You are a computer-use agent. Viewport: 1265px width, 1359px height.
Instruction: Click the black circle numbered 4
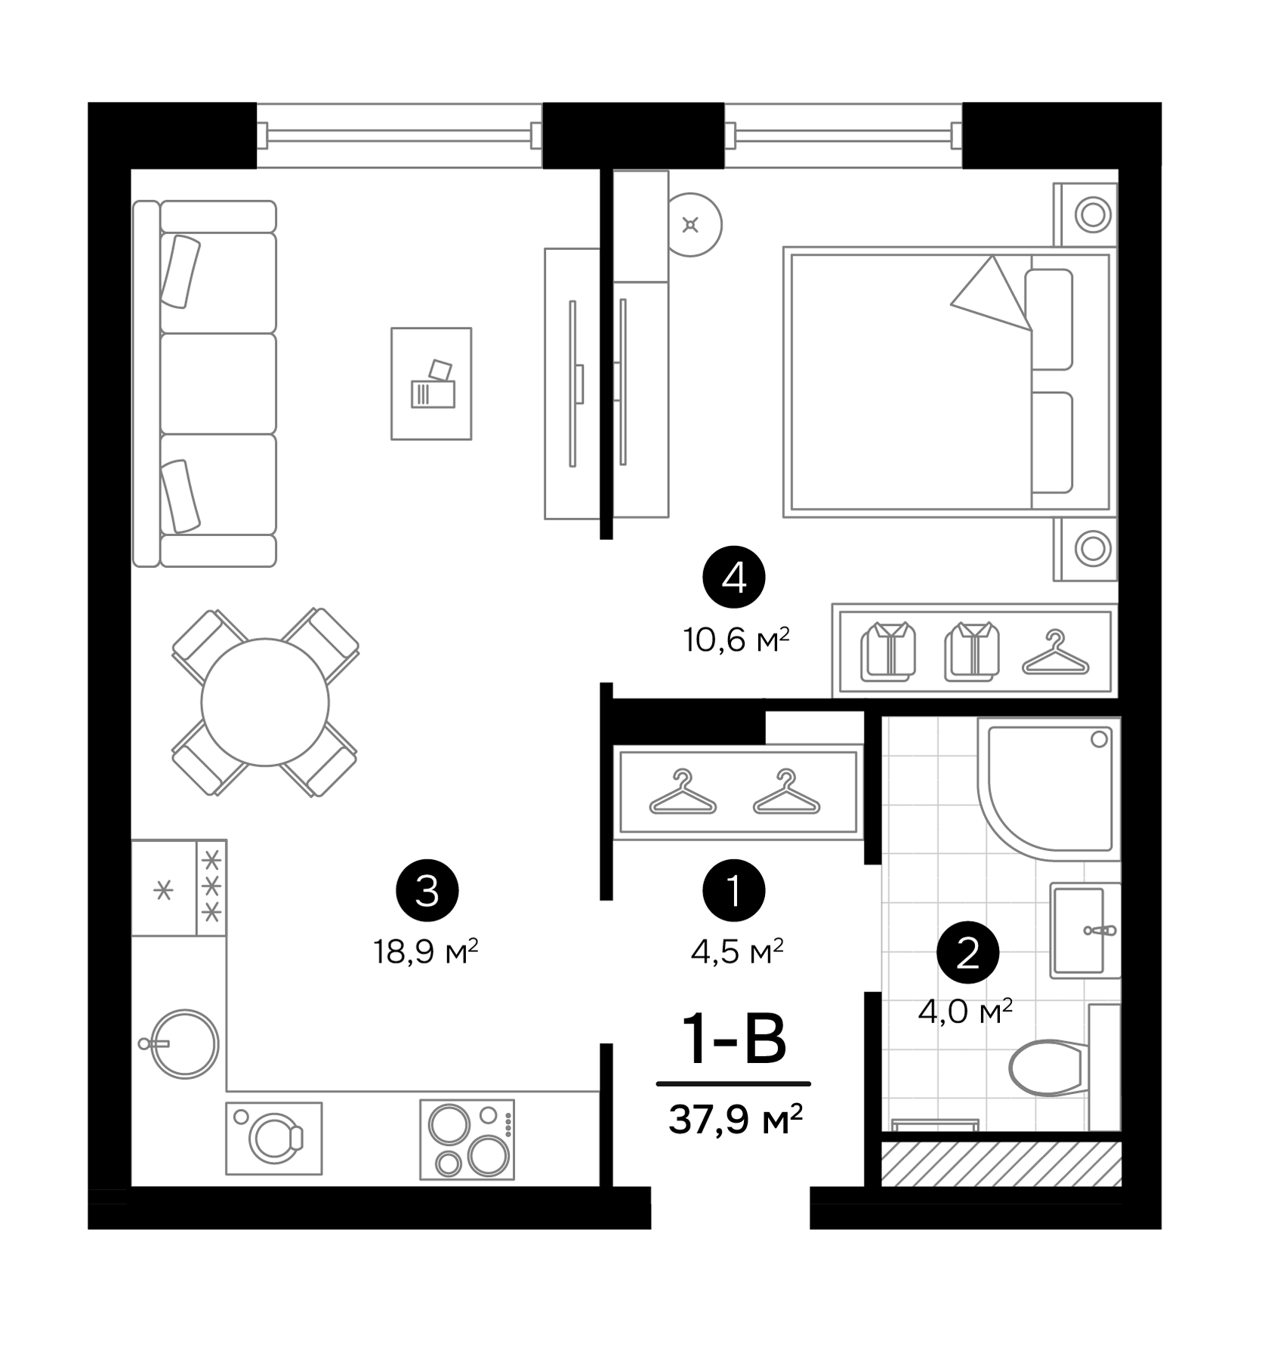tap(733, 579)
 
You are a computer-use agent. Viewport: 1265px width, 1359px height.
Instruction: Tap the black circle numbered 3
tap(427, 891)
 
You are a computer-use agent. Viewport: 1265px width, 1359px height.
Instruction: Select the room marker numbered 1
tap(733, 891)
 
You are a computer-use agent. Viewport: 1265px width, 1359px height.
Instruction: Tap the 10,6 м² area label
tap(736, 640)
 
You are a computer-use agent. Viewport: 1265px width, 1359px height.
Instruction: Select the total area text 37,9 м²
tap(734, 1120)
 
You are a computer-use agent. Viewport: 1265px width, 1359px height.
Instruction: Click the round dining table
tap(265, 702)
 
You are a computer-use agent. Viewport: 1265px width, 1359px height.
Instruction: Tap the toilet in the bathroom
tap(1048, 1067)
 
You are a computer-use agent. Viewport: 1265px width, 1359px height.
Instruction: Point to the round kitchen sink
tap(184, 1045)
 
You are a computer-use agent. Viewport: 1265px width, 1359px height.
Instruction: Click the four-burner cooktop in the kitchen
tap(467, 1139)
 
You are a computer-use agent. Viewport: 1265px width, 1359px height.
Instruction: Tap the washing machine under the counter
tap(273, 1138)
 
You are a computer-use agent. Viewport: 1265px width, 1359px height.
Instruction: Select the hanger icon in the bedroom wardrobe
tap(1055, 653)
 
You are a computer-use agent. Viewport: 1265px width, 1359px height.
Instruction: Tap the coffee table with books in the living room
tap(431, 384)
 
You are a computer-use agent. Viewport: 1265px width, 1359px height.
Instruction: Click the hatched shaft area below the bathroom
tap(1001, 1163)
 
